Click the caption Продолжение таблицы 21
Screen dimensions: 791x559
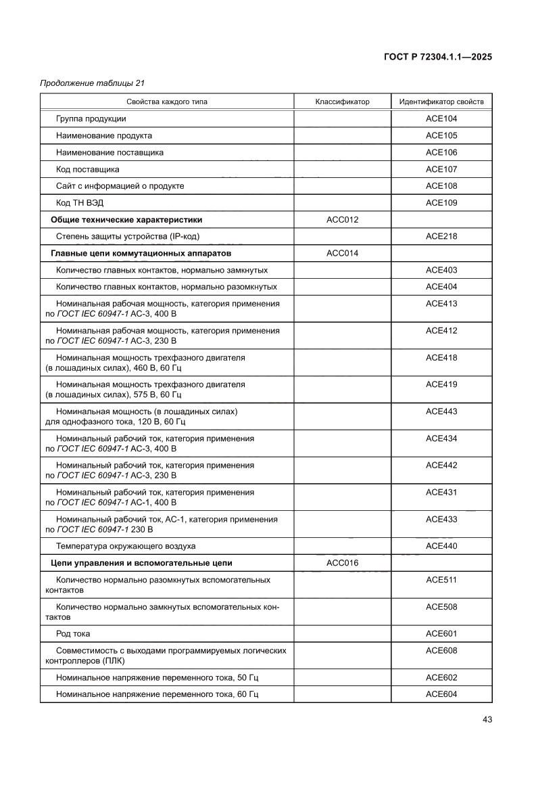coord(93,83)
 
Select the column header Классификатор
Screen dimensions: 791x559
coord(342,101)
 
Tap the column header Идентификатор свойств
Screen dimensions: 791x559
coord(441,101)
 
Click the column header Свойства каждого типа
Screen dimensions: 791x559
coord(166,101)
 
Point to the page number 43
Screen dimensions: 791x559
coord(487,719)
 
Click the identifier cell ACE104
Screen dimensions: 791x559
coord(441,118)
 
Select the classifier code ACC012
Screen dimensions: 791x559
coord(342,220)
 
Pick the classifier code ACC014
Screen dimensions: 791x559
coord(342,253)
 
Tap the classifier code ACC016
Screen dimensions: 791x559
coord(342,563)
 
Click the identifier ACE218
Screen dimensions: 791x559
coord(441,237)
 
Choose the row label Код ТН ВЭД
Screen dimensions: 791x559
coord(80,203)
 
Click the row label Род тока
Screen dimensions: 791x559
coord(73,634)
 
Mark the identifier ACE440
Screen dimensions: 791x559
coord(441,546)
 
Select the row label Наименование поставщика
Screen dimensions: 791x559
coord(110,152)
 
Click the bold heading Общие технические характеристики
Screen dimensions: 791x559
coord(126,220)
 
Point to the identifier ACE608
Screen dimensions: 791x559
coord(441,651)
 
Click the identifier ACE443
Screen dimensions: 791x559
coord(441,411)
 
